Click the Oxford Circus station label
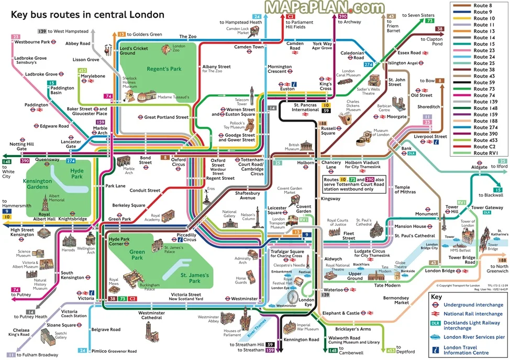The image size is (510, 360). tap(179, 162)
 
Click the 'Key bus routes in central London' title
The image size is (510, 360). tap(87, 14)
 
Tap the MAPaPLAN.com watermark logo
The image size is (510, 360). tap(324, 7)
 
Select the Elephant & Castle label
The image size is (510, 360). tap(340, 313)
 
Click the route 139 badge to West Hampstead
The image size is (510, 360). tap(42, 32)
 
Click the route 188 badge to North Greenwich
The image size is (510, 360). tap(502, 260)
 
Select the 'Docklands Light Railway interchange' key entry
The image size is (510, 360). tap(471, 325)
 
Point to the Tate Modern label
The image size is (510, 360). tap(387, 285)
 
